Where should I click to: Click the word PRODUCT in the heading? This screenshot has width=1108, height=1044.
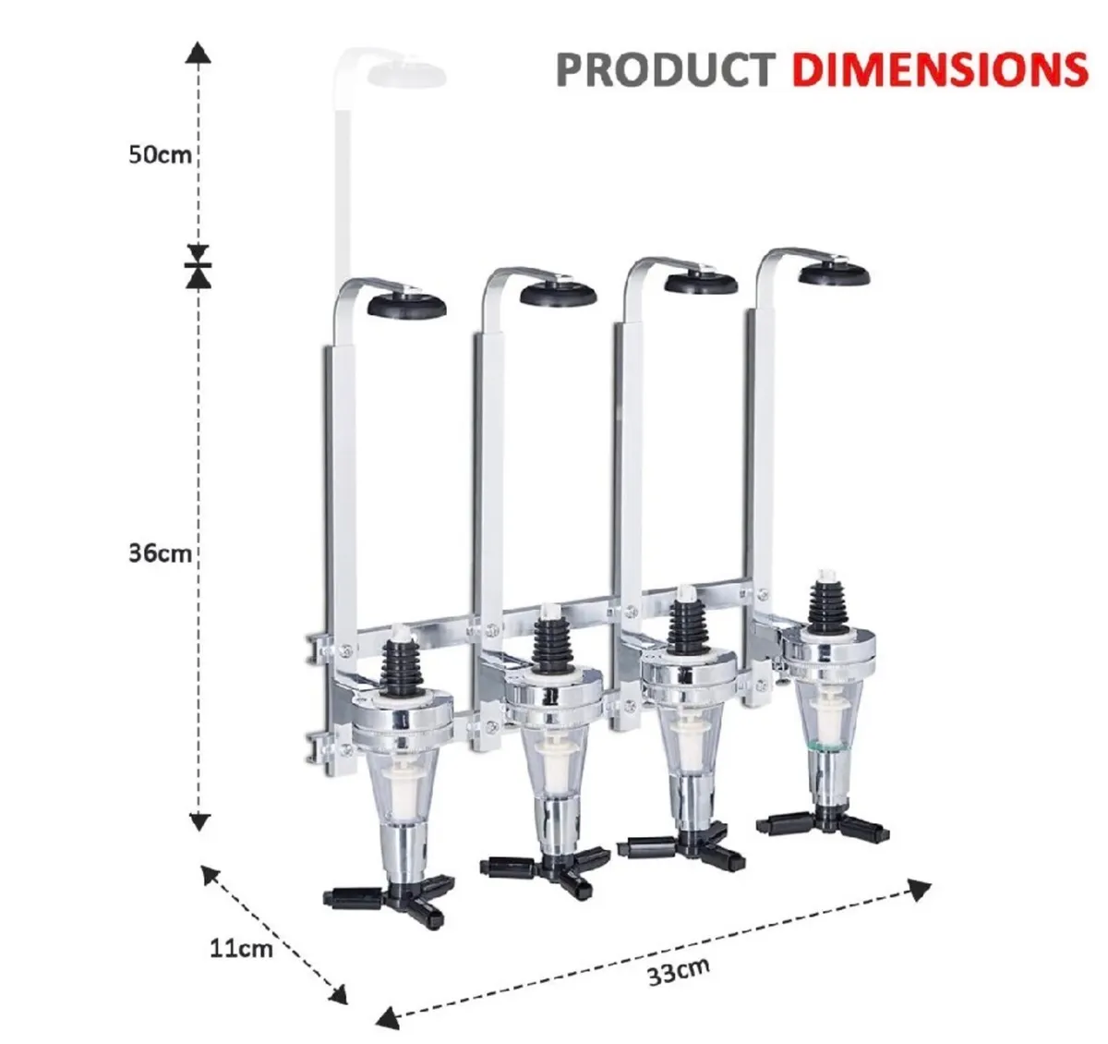click(665, 69)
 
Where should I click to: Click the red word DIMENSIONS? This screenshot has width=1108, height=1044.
click(939, 69)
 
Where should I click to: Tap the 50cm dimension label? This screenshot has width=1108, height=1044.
click(160, 153)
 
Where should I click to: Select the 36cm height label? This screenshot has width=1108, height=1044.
click(160, 553)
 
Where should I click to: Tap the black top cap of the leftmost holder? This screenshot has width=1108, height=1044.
click(407, 306)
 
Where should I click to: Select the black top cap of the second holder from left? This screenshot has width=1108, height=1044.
click(557, 295)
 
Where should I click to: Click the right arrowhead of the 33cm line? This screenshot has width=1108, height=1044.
click(919, 890)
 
